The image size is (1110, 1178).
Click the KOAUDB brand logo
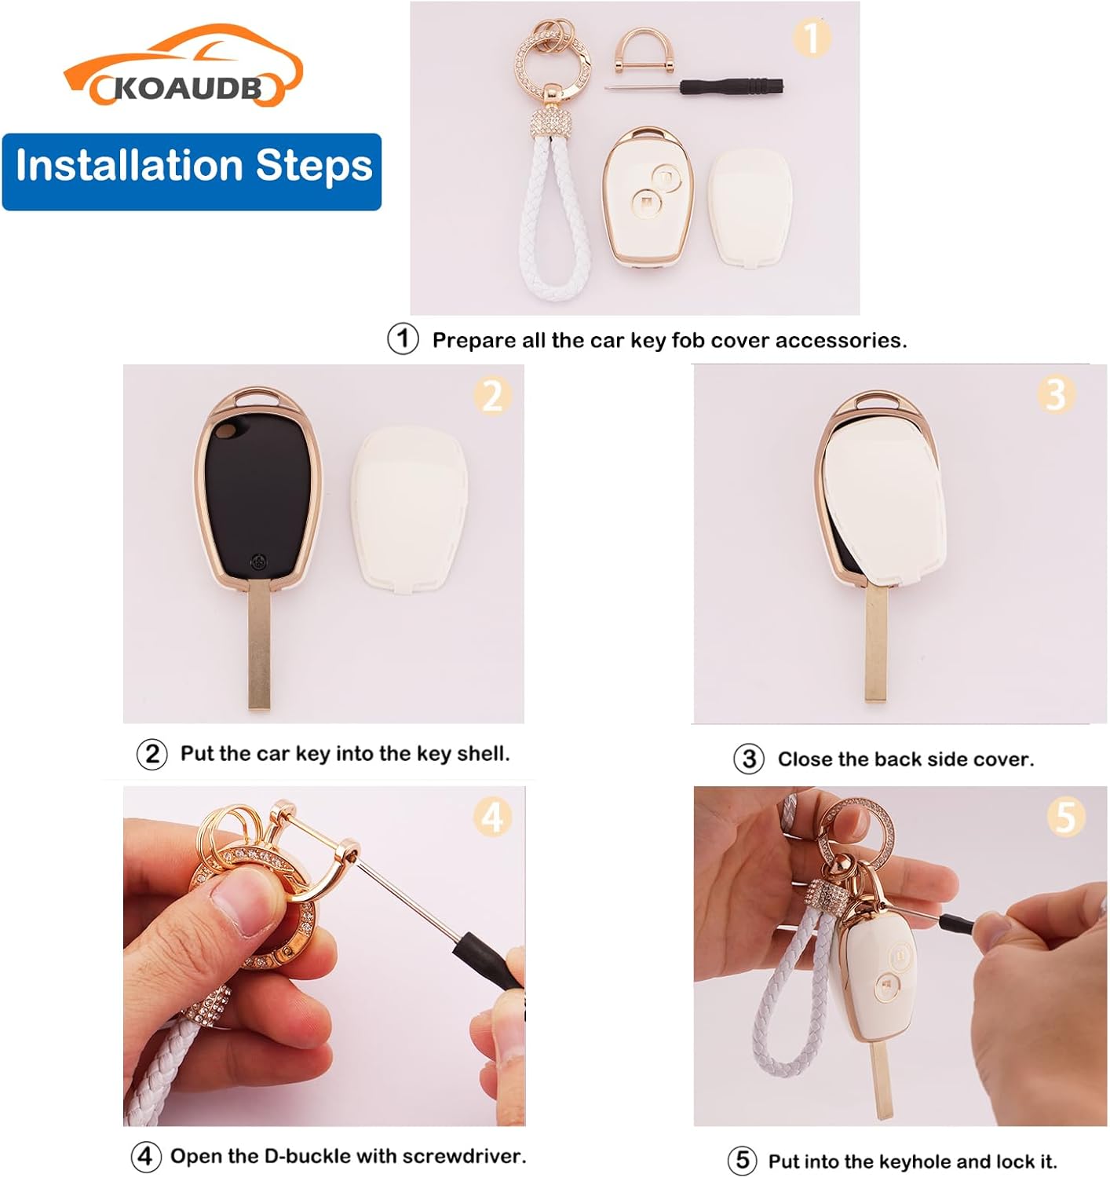183,66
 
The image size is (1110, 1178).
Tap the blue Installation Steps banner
192,171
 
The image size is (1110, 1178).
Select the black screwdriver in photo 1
694,87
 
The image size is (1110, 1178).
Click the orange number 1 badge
812,38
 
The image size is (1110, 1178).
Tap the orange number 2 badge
492,395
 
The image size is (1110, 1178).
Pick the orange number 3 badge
1056,394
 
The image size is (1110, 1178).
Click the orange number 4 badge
492,818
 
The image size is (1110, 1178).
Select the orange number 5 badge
1065,817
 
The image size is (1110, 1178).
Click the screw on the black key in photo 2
258,562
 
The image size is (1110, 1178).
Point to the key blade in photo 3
877,642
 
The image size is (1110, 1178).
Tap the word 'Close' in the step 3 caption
801,759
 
